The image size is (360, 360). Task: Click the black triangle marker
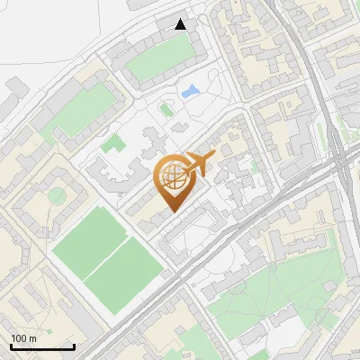pos(181,24)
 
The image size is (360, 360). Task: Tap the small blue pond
pos(191,91)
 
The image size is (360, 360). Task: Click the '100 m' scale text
pos(23,338)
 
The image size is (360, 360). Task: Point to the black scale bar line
pos(42,347)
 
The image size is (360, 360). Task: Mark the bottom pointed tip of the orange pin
pos(171,211)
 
